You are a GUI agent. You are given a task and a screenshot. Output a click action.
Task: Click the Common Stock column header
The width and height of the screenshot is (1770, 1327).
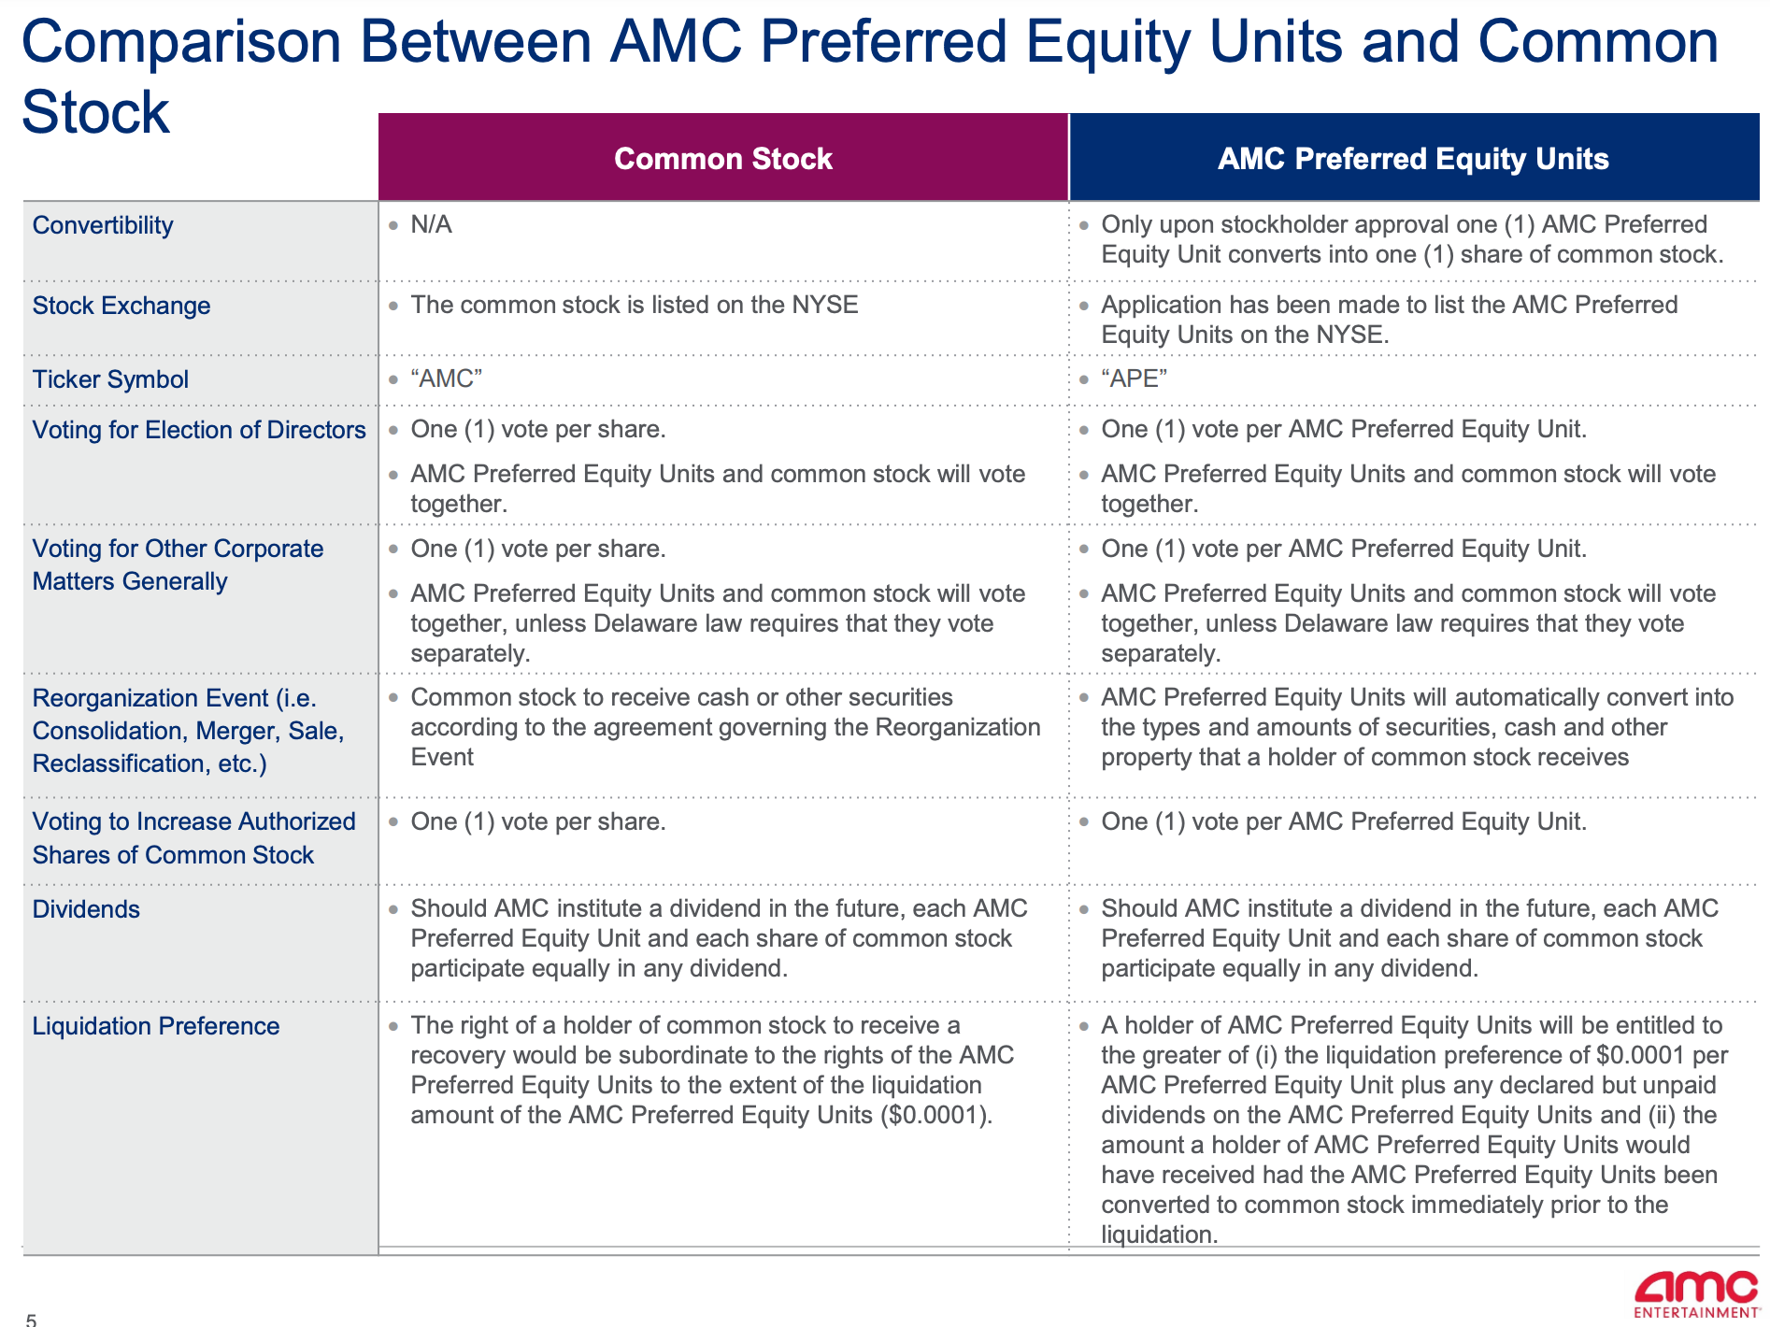(x=722, y=159)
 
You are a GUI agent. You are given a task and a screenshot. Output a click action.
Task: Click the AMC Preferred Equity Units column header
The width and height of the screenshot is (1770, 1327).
(x=1412, y=159)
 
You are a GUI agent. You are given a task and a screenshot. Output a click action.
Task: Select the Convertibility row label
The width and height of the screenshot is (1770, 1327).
(x=103, y=225)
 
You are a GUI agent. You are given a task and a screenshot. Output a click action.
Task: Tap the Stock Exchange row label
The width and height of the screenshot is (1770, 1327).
(x=121, y=306)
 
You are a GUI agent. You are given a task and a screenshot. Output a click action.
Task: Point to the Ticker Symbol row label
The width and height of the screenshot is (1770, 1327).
(x=110, y=379)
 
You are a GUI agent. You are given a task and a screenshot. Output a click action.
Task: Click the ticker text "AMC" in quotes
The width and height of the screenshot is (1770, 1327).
(x=447, y=378)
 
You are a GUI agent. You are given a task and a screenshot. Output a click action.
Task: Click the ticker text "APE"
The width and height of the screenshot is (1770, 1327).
(x=1134, y=378)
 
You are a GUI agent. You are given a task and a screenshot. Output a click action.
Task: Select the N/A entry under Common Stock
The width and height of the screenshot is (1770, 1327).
(x=431, y=224)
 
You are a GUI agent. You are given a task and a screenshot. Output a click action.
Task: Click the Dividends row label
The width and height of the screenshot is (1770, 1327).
(x=86, y=909)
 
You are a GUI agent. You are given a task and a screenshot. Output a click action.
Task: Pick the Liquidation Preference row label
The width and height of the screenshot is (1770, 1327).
(x=155, y=1026)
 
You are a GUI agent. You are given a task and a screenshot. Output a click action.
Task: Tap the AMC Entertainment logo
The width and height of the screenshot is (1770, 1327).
(x=1695, y=1293)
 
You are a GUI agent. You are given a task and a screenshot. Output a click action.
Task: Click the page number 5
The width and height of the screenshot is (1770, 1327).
(x=31, y=1319)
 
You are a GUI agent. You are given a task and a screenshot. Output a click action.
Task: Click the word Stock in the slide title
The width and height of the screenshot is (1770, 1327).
(x=95, y=113)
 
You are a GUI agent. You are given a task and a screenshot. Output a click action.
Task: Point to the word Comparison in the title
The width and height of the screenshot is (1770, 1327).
(x=181, y=42)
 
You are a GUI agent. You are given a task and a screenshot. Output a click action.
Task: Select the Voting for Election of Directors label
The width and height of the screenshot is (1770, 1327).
(x=199, y=430)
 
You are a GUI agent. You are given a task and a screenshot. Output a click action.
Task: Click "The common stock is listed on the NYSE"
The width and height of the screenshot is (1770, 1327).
(x=634, y=305)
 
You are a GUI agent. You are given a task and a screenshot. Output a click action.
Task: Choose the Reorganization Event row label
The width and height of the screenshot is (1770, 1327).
(x=187, y=731)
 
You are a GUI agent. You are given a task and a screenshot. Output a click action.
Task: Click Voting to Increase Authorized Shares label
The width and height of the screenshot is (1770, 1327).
(x=193, y=838)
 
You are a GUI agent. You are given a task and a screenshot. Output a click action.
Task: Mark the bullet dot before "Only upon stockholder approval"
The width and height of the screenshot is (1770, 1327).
(x=1083, y=225)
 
